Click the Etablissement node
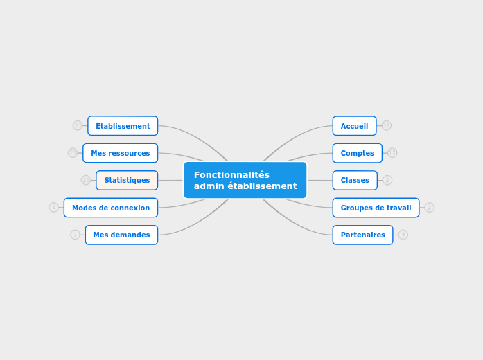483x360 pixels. (123, 126)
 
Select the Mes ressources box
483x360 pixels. (120, 153)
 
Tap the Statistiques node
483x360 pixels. (127, 180)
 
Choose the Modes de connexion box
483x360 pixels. (111, 208)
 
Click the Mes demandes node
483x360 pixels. (121, 235)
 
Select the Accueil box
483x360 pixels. (354, 126)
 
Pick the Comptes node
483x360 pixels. (357, 153)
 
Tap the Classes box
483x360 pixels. (355, 180)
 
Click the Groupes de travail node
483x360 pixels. (376, 208)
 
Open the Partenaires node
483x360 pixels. (362, 235)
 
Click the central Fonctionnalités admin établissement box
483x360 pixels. (245, 180)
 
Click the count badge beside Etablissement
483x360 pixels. (78, 125)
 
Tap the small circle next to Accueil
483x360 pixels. (386, 125)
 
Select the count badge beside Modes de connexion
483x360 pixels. (53, 207)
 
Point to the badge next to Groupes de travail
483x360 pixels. (429, 207)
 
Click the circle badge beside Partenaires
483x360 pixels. (403, 235)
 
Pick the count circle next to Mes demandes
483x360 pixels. (75, 235)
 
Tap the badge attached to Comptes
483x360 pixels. (392, 152)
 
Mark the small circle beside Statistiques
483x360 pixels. (86, 180)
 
